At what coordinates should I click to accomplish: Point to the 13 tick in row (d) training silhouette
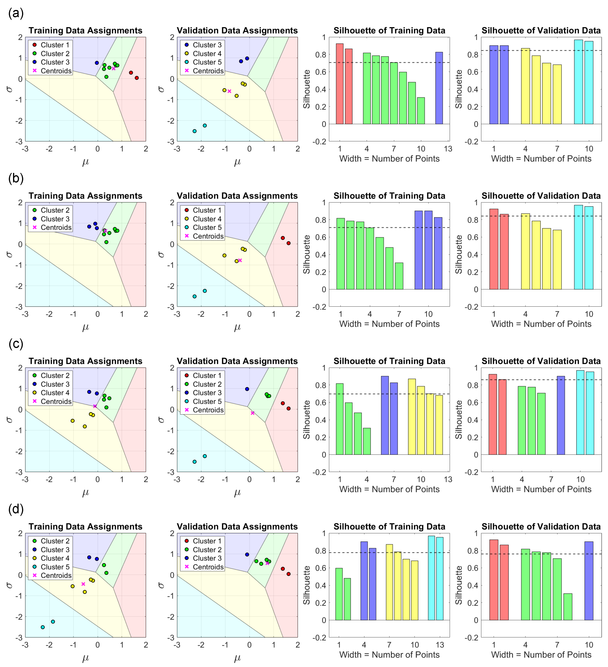pyautogui.click(x=440, y=645)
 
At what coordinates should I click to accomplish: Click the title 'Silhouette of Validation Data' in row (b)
pyautogui.click(x=541, y=196)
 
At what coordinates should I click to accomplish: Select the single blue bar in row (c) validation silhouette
pyautogui.click(x=561, y=415)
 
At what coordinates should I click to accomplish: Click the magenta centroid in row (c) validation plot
pyautogui.click(x=253, y=413)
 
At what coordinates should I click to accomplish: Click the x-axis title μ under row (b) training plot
pyautogui.click(x=86, y=327)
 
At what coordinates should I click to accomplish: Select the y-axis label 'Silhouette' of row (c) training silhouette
pyautogui.click(x=306, y=420)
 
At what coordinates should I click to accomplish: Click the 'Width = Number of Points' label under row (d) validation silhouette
pyautogui.click(x=541, y=654)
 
